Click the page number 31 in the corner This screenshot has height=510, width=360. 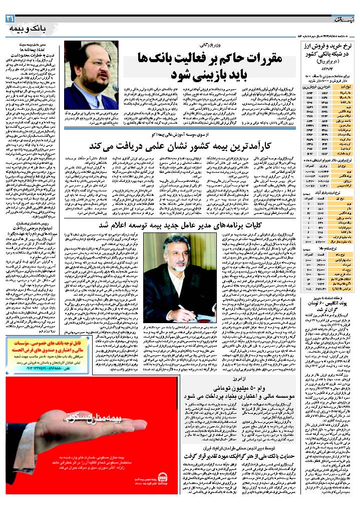[x=10, y=19]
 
